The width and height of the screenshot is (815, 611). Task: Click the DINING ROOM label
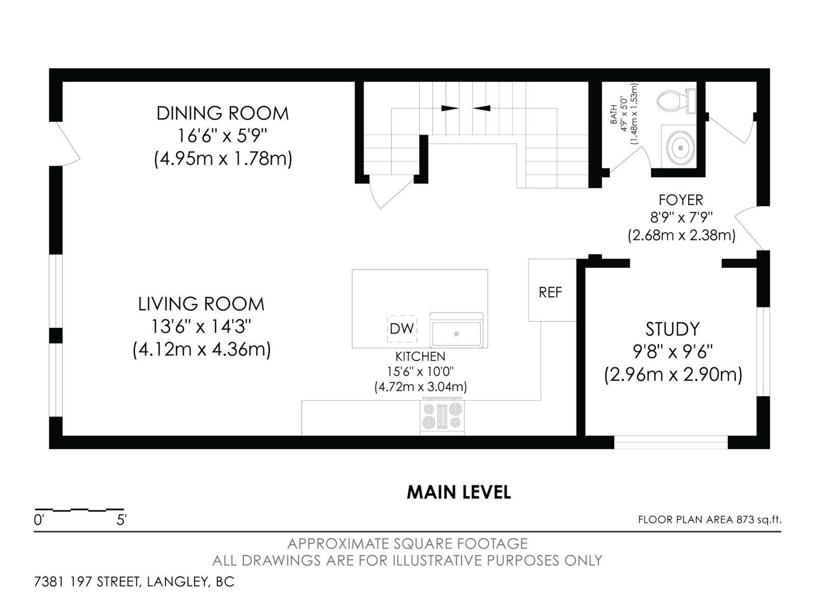[223, 113]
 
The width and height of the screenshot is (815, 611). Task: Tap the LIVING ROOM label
[201, 304]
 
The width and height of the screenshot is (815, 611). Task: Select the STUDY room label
[672, 329]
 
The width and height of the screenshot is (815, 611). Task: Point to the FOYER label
[681, 200]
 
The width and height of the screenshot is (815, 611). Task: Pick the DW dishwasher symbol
[402, 328]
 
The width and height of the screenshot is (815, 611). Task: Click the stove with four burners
[442, 416]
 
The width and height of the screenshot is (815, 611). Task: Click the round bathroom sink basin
[681, 148]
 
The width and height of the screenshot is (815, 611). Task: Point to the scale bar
[79, 509]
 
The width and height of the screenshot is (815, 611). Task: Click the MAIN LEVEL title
[458, 492]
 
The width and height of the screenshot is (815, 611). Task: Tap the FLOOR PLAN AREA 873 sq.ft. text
[709, 520]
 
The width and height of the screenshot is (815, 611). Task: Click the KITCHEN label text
[420, 356]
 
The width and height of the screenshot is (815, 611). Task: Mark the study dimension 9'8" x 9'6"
[672, 351]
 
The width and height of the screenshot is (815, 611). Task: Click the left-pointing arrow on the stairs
[481, 108]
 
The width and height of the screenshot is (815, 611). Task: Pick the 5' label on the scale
[121, 520]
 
